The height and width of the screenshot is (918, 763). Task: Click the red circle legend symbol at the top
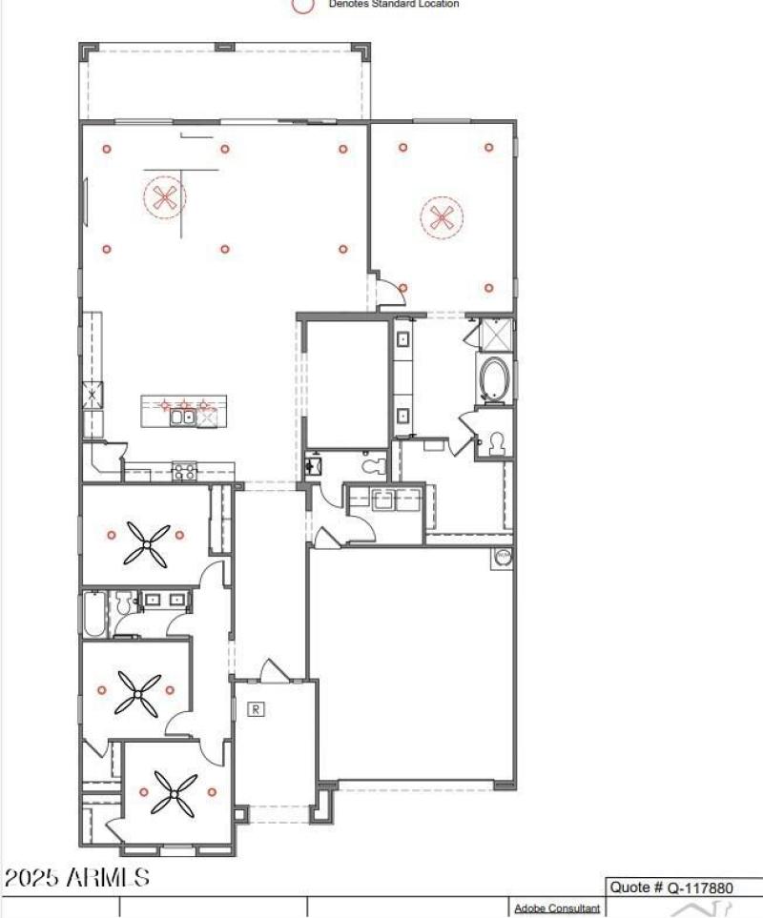(303, 5)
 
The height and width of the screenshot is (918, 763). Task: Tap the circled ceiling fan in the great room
(165, 198)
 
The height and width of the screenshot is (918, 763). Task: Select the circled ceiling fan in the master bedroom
(442, 217)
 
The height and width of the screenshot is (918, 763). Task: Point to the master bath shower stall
(495, 335)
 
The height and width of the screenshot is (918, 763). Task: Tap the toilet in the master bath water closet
(494, 442)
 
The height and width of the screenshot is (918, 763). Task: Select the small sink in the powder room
(313, 465)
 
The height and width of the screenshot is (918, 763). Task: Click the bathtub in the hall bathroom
(93, 615)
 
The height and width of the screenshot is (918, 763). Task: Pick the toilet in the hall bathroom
(122, 602)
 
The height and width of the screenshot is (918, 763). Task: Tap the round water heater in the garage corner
(502, 557)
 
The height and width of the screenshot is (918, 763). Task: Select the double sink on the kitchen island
(182, 417)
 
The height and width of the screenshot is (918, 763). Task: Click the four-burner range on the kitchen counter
(184, 470)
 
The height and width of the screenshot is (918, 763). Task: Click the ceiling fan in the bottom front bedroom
(174, 792)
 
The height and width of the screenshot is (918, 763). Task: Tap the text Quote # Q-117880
(671, 887)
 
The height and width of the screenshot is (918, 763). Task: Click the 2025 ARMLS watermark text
(76, 878)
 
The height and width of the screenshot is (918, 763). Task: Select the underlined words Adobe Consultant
(557, 908)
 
